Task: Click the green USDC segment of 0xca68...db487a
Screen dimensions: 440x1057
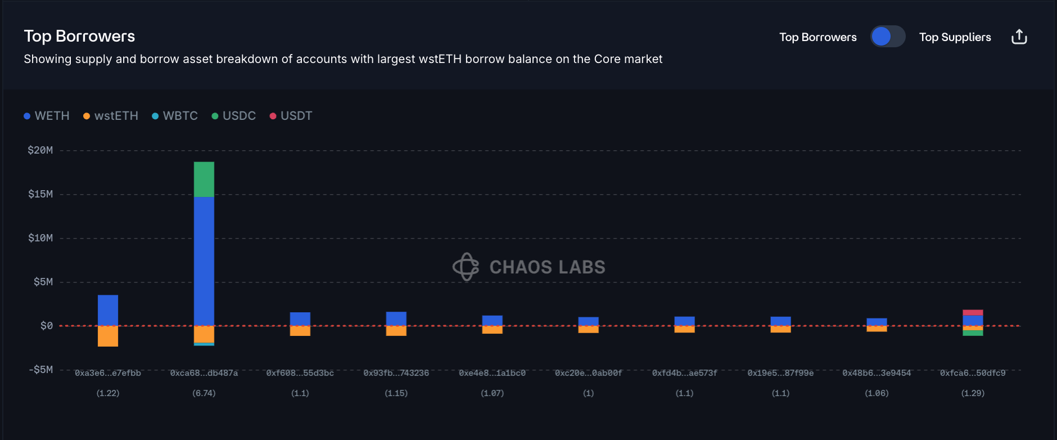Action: click(x=204, y=179)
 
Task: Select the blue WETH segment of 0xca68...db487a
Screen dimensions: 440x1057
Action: click(x=204, y=261)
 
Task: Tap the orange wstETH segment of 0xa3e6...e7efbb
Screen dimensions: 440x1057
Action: click(x=108, y=336)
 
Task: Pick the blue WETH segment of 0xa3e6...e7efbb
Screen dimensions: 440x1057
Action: click(x=108, y=310)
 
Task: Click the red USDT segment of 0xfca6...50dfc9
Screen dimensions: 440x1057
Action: click(x=973, y=313)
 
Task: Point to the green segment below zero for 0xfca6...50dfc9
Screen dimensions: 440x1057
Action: click(x=973, y=333)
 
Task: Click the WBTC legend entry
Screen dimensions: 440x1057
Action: click(x=175, y=116)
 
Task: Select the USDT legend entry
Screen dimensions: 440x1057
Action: click(x=291, y=116)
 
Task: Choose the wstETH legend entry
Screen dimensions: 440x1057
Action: click(x=111, y=116)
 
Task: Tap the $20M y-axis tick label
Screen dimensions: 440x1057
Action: click(x=40, y=150)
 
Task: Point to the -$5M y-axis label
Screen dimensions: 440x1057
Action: click(x=41, y=370)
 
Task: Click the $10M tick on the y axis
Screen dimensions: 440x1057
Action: click(x=40, y=238)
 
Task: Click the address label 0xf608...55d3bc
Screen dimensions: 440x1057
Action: click(x=300, y=373)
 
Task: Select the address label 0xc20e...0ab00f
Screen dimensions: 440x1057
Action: click(x=589, y=373)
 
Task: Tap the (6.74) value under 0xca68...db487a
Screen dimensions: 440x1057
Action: click(x=204, y=393)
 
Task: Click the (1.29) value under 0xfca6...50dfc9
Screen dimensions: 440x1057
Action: click(x=973, y=393)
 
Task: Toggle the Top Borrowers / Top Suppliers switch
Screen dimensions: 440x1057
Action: click(x=888, y=37)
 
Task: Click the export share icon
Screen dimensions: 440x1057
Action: click(x=1019, y=37)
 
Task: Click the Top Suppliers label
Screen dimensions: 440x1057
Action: click(x=955, y=37)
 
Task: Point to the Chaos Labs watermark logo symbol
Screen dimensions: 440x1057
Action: click(x=466, y=267)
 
